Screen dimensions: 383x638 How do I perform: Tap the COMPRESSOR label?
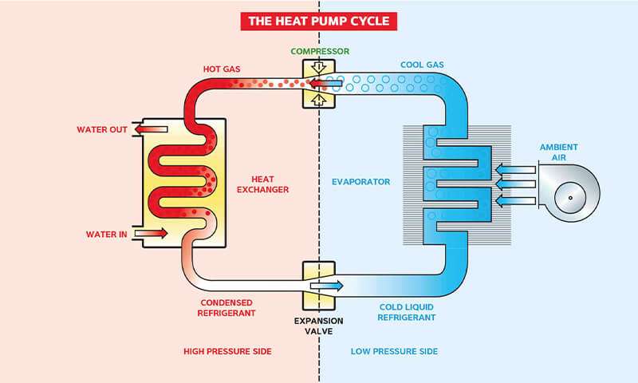320,52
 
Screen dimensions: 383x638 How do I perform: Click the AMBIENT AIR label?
558,152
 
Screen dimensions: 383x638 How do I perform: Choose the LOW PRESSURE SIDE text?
395,351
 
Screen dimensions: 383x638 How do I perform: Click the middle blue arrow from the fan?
513,183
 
